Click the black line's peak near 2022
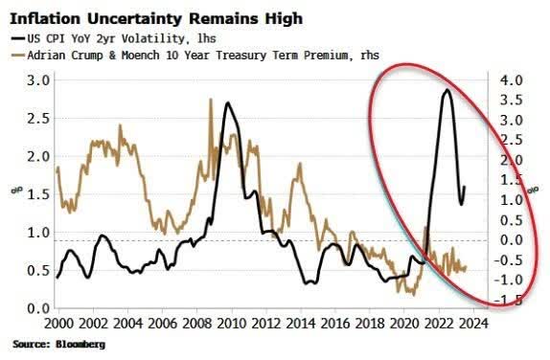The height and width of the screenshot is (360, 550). pyautogui.click(x=446, y=90)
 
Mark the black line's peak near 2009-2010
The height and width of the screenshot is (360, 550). pyautogui.click(x=227, y=101)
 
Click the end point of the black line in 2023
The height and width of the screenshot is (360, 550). pyautogui.click(x=465, y=188)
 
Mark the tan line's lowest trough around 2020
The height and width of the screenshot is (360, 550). pyautogui.click(x=411, y=294)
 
